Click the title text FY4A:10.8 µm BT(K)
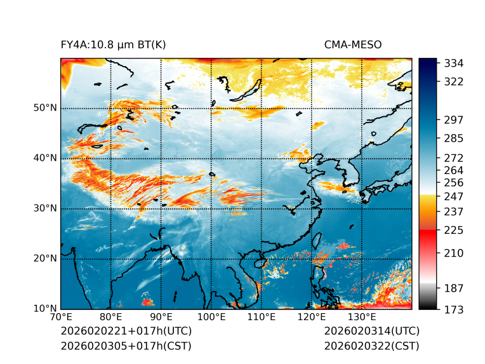[x=113, y=44]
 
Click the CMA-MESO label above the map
[x=353, y=44]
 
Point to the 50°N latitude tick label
[x=45, y=108]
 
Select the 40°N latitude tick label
[x=45, y=158]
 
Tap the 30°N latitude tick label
[x=45, y=208]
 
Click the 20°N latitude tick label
[x=45, y=259]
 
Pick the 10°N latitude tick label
[x=45, y=309]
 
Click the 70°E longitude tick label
[x=61, y=318]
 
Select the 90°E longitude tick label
[x=161, y=318]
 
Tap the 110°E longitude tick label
[x=261, y=318]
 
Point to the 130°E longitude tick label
[x=361, y=318]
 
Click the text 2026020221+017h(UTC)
[x=126, y=331]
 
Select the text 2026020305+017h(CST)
[x=126, y=346]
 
